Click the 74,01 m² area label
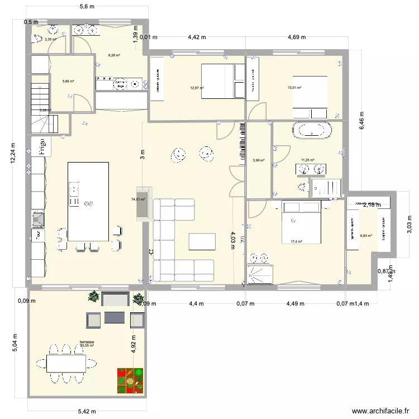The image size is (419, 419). point(139,199)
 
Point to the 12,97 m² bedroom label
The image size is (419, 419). point(197,88)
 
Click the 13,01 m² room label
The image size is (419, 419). point(294,88)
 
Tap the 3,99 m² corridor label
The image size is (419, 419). point(258,161)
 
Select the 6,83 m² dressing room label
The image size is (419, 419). point(366,236)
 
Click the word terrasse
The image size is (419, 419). point(87,342)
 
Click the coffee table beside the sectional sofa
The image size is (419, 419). point(202,241)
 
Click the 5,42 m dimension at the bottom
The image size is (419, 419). point(87,413)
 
